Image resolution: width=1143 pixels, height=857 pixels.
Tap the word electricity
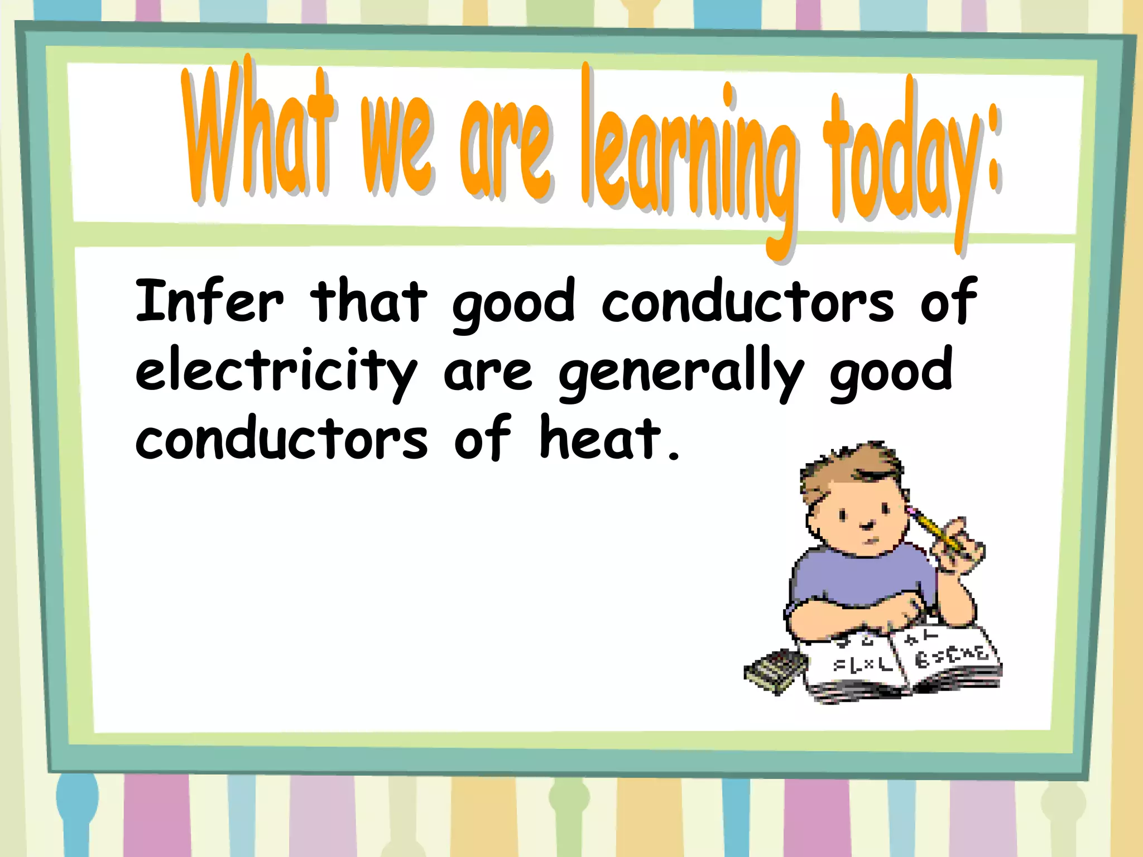click(x=276, y=371)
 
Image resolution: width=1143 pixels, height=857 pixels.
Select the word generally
click(x=681, y=371)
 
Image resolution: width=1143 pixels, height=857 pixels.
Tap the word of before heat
click(x=482, y=439)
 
